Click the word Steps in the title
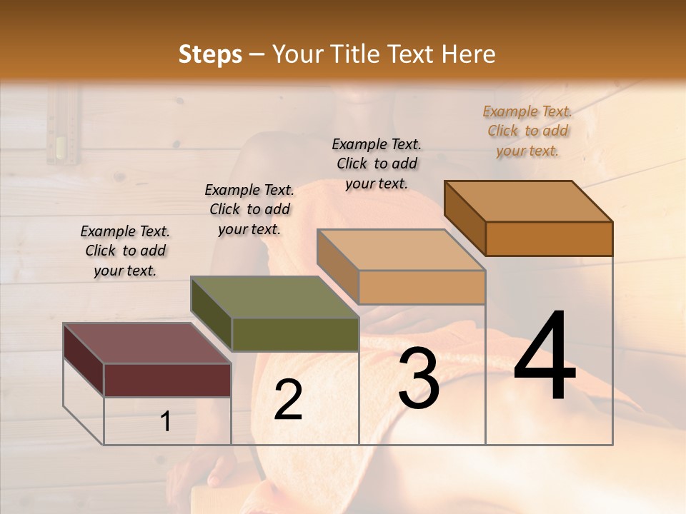209,54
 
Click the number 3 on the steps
419,379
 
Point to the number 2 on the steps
288,399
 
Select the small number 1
166,421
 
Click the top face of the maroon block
147,343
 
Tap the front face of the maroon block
167,380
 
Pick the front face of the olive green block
295,334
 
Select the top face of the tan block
401,250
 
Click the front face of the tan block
422,287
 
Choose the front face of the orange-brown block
549,238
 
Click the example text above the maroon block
125,251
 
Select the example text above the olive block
249,209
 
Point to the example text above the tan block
377,163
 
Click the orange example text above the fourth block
527,131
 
